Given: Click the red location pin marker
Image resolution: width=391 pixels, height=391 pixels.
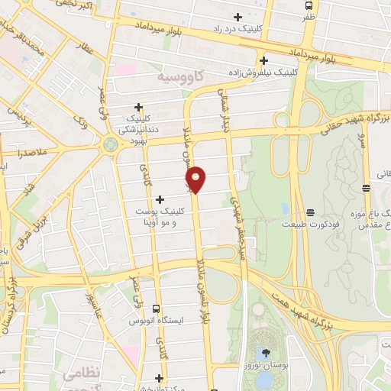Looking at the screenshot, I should (196, 179).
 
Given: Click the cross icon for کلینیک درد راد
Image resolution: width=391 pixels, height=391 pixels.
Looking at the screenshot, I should (238, 17).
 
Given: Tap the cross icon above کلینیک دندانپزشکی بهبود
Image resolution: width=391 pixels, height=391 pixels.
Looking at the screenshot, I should (138, 107).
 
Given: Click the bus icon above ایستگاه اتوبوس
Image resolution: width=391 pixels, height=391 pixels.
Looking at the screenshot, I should (157, 309).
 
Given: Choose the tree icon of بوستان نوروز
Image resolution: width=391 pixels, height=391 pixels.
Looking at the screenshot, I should (266, 352).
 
